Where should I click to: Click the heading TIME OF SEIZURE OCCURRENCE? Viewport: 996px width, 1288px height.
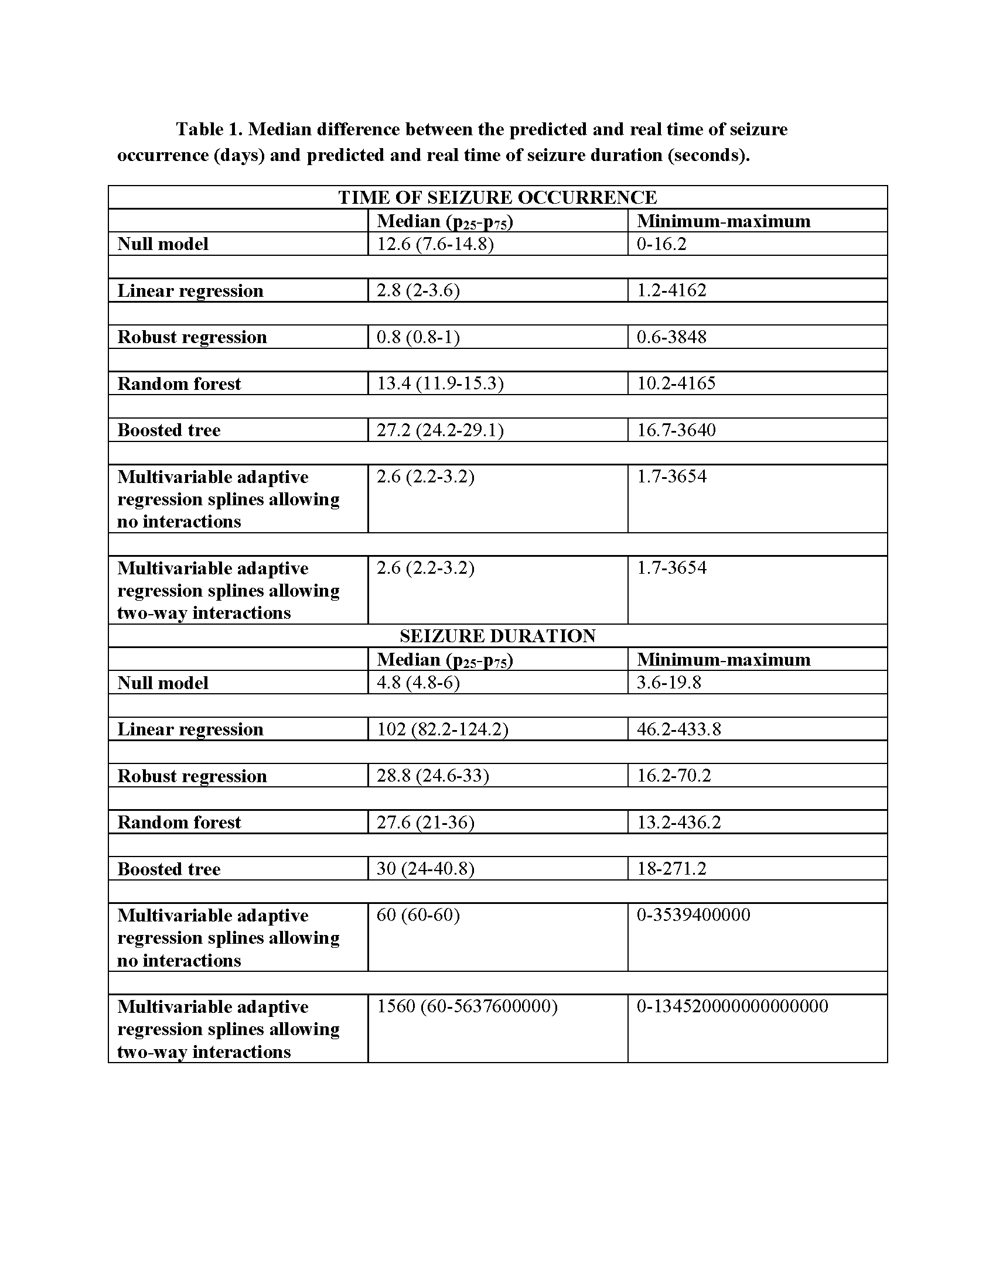coord(497,197)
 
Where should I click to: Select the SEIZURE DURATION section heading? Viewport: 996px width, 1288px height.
coord(497,636)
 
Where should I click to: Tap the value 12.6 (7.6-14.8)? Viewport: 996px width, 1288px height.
coord(435,244)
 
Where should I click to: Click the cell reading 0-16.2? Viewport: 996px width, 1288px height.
coord(661,244)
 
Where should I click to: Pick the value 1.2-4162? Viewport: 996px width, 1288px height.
coord(671,290)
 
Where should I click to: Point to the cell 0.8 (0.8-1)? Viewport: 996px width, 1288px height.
coord(418,337)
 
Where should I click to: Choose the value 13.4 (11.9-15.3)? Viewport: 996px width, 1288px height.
coord(439,383)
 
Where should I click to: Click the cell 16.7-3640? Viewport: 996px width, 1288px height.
coord(676,430)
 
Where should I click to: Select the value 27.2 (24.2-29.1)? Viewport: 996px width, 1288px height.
coord(439,430)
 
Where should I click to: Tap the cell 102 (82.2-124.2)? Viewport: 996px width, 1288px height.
coord(442,729)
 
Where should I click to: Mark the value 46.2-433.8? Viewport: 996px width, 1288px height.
coord(678,729)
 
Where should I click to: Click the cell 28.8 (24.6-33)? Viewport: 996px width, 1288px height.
coord(432,776)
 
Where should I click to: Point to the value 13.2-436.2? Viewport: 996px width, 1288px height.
coord(678,822)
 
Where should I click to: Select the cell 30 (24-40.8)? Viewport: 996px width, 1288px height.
coord(425,869)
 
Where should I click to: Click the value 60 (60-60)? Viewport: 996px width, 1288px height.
coord(418,915)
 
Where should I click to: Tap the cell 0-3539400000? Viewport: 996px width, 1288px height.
coord(693,915)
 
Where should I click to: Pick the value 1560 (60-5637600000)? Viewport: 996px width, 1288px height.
coord(467,1006)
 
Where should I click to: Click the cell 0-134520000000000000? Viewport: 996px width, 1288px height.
coord(732,1006)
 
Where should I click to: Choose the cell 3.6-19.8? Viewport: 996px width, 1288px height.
coord(668,683)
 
